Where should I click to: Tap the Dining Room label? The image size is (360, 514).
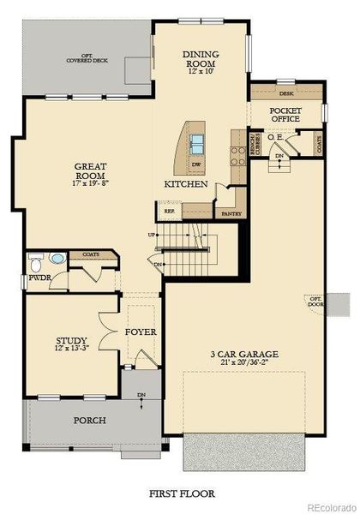(202, 57)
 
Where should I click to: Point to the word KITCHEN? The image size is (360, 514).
(186, 184)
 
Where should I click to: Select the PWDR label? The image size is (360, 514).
(39, 278)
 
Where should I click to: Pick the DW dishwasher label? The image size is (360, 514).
(196, 164)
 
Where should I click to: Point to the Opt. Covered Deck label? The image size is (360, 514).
(87, 60)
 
